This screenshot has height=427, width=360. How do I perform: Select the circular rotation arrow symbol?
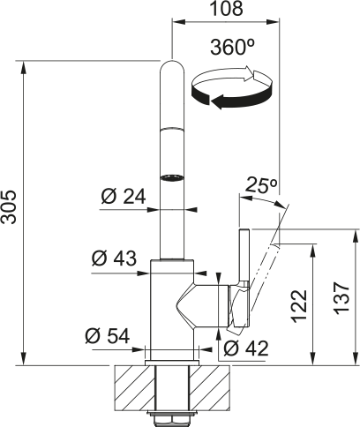pos(235,90)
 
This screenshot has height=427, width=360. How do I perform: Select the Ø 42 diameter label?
pos(246,348)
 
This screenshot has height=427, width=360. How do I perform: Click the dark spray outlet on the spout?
pos(173,176)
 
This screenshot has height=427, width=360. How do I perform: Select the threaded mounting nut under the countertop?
pos(172,414)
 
